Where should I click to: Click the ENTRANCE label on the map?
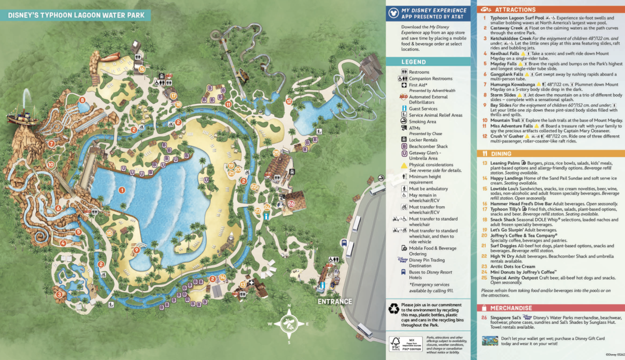click(x=334, y=301)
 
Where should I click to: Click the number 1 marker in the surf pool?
click(x=122, y=190)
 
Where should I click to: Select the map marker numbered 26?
click(x=292, y=204)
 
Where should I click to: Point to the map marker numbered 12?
click(x=289, y=101)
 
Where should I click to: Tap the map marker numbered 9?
click(x=136, y=250)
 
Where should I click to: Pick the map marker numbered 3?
click(x=59, y=295)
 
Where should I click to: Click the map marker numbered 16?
click(x=142, y=69)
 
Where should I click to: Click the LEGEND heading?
click(x=414, y=62)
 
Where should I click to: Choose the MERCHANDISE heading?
click(x=511, y=308)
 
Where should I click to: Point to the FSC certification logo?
click(x=398, y=344)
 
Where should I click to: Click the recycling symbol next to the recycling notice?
click(x=394, y=309)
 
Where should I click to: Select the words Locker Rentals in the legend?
click(x=423, y=140)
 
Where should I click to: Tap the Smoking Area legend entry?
click(x=422, y=122)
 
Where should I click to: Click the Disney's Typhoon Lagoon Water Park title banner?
click(x=77, y=15)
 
